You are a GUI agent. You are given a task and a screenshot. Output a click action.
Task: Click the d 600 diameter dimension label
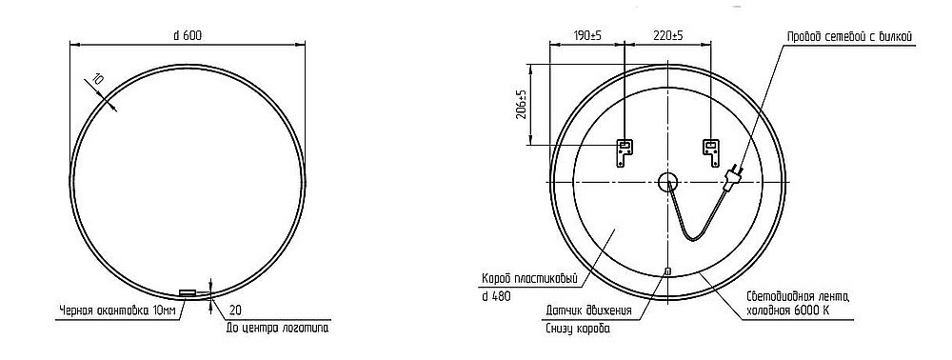(x=187, y=35)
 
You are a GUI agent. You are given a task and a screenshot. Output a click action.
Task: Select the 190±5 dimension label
(x=587, y=35)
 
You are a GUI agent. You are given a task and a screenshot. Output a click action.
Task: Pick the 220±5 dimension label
(x=668, y=35)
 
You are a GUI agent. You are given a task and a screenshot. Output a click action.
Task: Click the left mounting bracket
(x=625, y=150)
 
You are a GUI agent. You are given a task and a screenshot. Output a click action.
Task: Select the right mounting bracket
(x=710, y=150)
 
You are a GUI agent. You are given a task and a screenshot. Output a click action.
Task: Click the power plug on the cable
(x=735, y=176)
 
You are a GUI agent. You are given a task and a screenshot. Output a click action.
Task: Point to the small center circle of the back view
(x=667, y=181)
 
